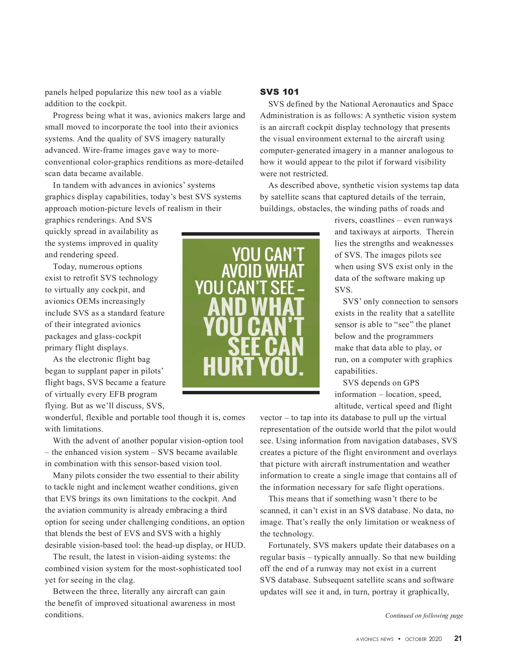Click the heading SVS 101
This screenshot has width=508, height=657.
(x=279, y=92)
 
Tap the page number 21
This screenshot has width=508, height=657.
(x=458, y=638)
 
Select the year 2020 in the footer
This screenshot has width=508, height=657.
(x=435, y=639)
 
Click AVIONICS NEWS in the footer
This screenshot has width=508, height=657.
(x=375, y=639)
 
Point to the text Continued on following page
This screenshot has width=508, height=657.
(x=424, y=616)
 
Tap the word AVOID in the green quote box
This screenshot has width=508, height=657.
(x=242, y=271)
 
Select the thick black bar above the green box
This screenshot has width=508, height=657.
(x=251, y=234)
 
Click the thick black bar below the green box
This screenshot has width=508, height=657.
(x=251, y=393)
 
